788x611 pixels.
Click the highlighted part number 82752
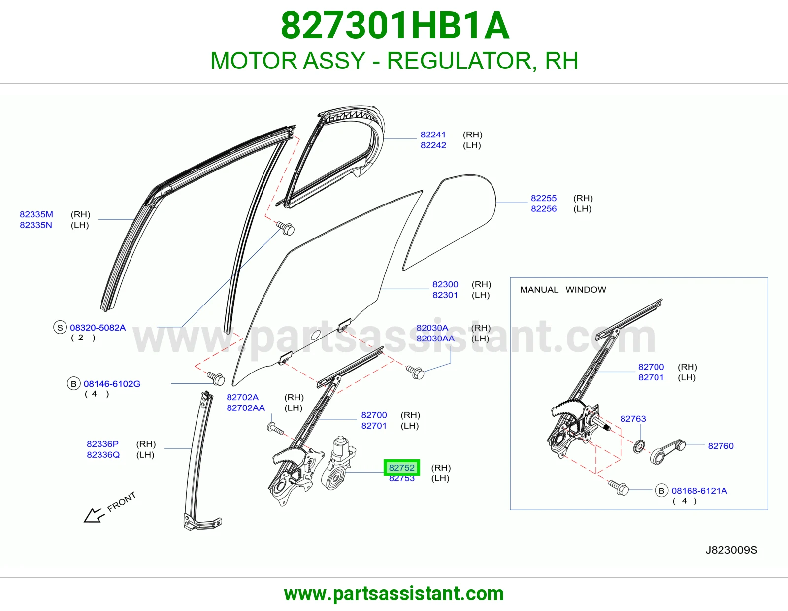(401, 467)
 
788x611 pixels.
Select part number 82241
(433, 135)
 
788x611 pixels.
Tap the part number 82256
(544, 208)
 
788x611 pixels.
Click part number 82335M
(36, 214)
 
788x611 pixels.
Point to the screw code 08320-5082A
(98, 328)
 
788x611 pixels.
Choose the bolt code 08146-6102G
(112, 384)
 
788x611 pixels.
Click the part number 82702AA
(246, 408)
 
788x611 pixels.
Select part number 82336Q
(103, 455)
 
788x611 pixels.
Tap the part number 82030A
(432, 328)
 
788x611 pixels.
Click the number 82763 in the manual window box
(633, 419)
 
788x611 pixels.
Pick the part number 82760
(721, 446)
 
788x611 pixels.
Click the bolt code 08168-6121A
(699, 491)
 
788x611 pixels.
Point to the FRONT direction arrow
(94, 515)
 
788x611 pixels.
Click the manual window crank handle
(668, 452)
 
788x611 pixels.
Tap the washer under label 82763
(639, 446)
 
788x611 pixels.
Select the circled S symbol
(60, 328)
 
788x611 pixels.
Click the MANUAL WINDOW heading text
(563, 290)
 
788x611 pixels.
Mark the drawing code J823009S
(731, 550)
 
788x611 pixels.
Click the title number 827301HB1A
(395, 26)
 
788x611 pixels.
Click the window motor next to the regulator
(339, 463)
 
